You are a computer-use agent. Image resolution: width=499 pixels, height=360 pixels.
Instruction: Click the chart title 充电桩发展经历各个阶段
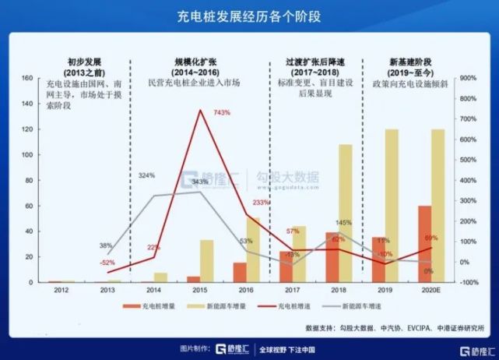[x=249, y=16]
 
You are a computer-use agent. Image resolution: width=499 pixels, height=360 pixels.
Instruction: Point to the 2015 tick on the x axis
[x=199, y=291]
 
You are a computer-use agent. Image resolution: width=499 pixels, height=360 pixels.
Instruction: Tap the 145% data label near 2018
[x=343, y=224]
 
